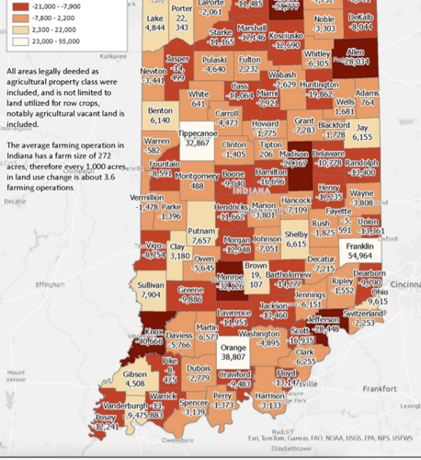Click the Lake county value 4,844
[x=154, y=29]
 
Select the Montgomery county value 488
[x=197, y=186]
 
